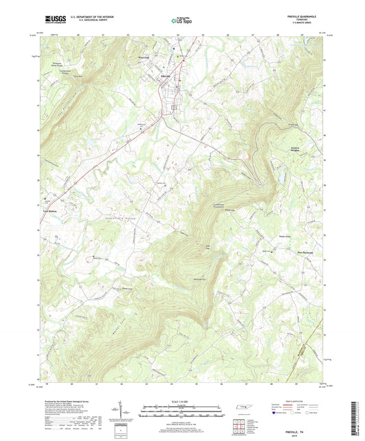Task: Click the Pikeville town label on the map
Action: pos(166,75)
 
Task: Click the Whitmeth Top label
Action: pos(198,280)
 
